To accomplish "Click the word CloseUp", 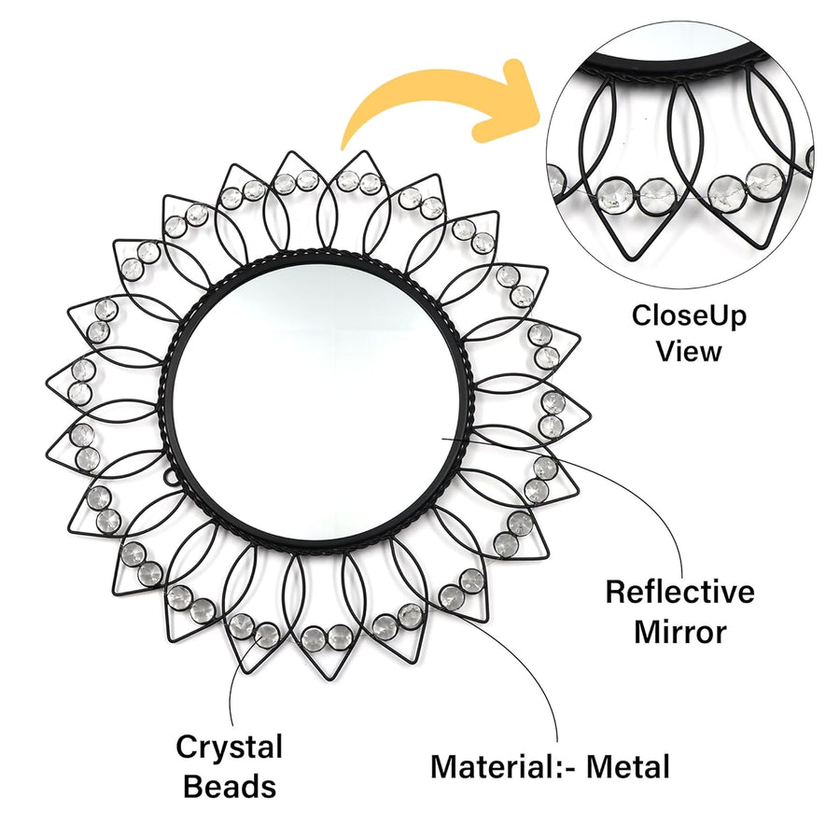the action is click(x=689, y=316).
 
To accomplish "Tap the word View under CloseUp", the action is click(x=689, y=352).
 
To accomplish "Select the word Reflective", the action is click(x=679, y=592).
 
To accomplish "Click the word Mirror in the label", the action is click(x=680, y=632).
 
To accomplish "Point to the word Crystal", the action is click(x=230, y=747).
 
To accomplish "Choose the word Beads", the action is click(x=230, y=787).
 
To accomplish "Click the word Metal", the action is click(x=628, y=766).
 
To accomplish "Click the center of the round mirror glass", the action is click(x=315, y=402).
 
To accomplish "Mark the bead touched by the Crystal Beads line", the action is click(x=266, y=635).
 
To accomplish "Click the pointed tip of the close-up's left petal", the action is click(x=634, y=259).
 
